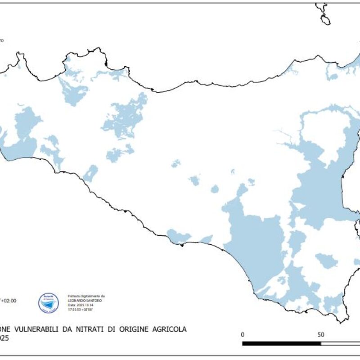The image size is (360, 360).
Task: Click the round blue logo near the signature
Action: coord(49,302)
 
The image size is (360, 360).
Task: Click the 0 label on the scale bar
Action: coord(243,335)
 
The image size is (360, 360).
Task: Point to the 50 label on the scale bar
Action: coord(320,335)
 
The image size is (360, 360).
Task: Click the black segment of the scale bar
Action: coord(281,343)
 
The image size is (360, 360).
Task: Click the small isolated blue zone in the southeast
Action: coord(326,261)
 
